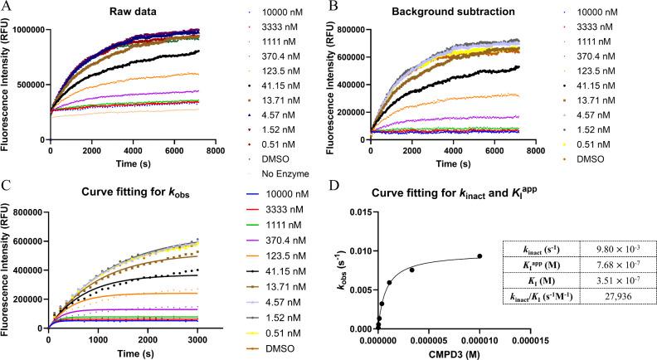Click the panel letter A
pos(7,6)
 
